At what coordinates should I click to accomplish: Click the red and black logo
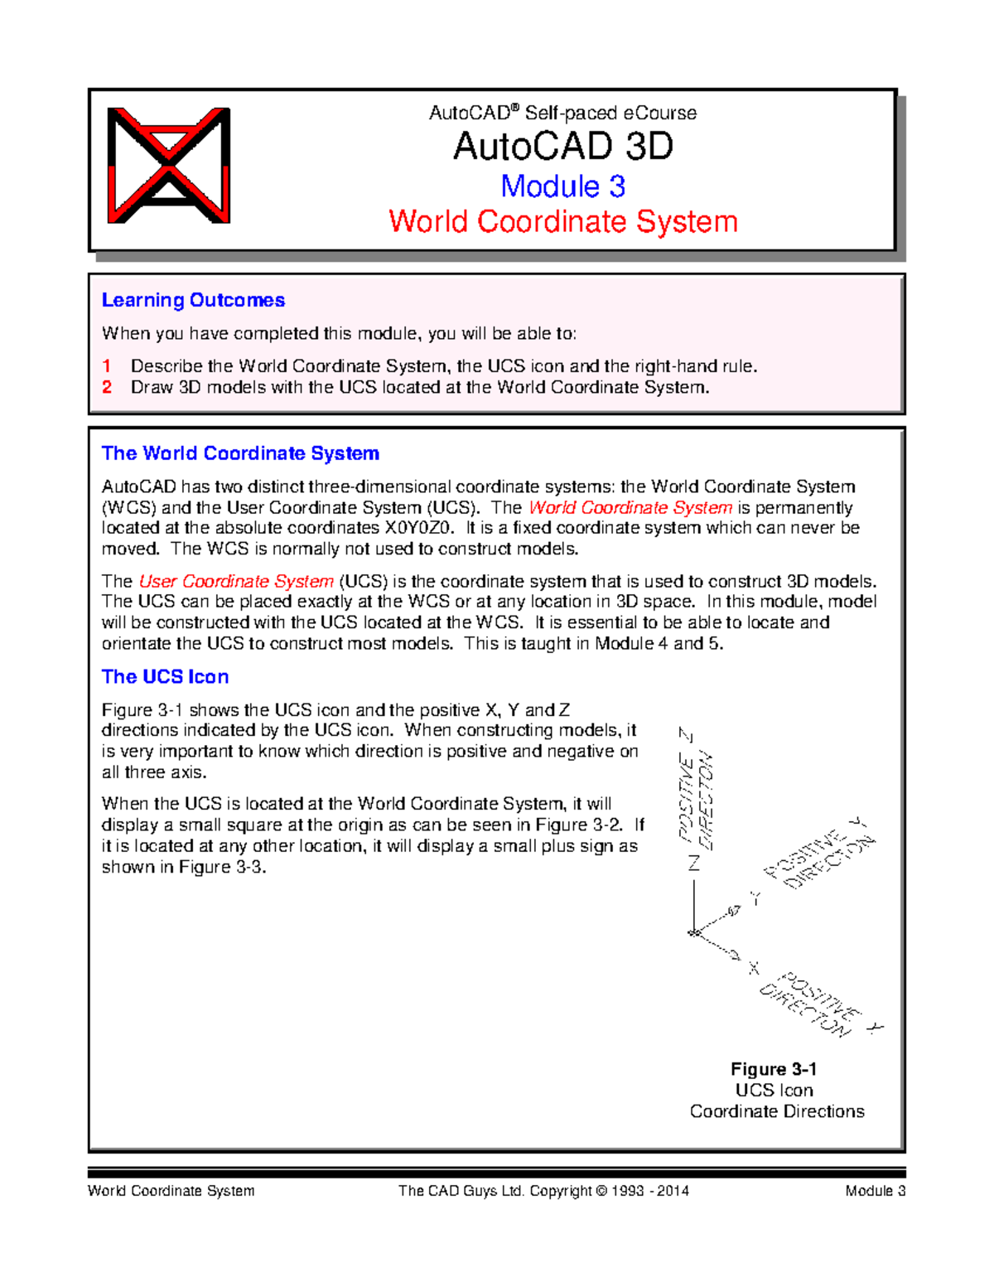coord(169,166)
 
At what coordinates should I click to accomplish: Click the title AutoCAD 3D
coord(562,147)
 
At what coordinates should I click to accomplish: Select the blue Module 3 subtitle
coord(562,186)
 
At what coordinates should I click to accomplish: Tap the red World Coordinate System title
coord(562,221)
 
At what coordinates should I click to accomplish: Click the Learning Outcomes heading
coord(193,300)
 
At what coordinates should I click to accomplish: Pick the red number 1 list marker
coord(107,366)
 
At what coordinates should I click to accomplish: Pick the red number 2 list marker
coord(107,387)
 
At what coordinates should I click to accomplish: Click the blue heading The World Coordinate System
coord(240,453)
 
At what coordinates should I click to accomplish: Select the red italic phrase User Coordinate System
coord(236,582)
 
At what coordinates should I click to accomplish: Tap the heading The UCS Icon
coord(165,677)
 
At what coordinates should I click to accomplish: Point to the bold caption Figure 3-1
coord(774,1069)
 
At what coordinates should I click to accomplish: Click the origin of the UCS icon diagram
coord(694,934)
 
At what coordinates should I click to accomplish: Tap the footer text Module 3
coord(875,1191)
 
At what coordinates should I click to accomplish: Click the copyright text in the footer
coord(543,1191)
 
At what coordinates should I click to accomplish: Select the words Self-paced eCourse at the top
coord(610,113)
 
